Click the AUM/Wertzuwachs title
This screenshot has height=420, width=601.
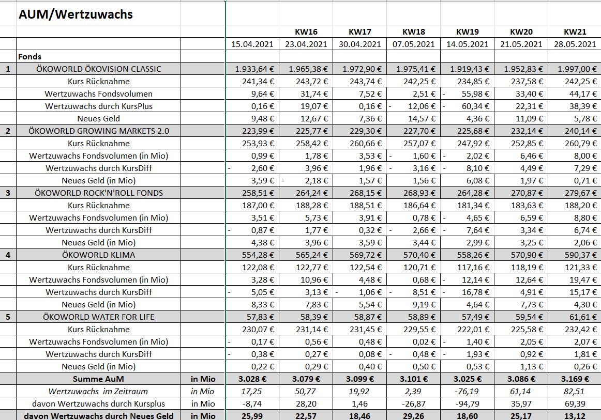click(x=76, y=14)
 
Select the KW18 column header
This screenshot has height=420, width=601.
click(x=413, y=32)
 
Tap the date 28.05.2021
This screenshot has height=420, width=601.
click(x=574, y=44)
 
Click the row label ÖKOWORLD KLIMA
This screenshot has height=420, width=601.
click(x=98, y=255)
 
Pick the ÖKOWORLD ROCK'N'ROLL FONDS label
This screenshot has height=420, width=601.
click(x=98, y=193)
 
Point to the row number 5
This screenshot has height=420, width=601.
click(x=8, y=317)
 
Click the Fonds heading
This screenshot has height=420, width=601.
click(x=29, y=56)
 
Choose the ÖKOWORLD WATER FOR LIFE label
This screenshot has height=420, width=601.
click(x=98, y=317)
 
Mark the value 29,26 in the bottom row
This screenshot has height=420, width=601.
click(x=414, y=415)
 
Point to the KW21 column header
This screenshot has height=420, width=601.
click(x=575, y=32)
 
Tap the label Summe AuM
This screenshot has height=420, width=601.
click(x=98, y=379)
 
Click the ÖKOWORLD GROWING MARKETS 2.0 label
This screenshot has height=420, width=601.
click(x=98, y=131)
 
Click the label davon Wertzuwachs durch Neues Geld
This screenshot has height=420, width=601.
click(x=98, y=415)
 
